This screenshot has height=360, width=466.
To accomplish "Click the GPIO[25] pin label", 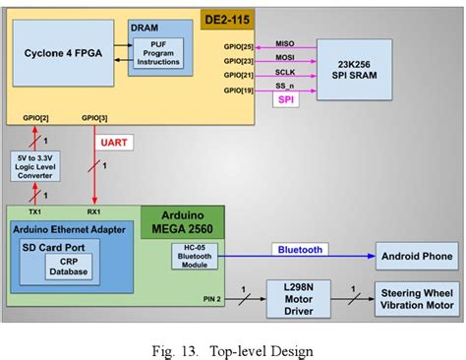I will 238,46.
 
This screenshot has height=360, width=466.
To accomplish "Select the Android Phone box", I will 416,259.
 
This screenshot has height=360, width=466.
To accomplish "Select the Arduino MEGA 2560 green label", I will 184,223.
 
